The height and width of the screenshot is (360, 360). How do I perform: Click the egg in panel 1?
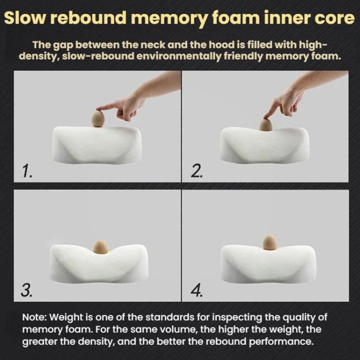(98, 119)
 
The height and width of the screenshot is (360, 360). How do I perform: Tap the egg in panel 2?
(266, 125)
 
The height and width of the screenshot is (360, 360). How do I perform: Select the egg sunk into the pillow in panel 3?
(101, 247)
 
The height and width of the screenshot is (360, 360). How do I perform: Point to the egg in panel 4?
(270, 242)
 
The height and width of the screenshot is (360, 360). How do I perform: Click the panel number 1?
(27, 171)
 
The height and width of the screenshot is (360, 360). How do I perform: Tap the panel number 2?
(197, 171)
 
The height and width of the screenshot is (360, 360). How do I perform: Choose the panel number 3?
(26, 290)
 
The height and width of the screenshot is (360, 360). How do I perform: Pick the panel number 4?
(197, 290)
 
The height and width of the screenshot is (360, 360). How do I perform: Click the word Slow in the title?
(24, 18)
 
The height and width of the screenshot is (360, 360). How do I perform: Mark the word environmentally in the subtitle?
(179, 56)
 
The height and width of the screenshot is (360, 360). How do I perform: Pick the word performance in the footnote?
(281, 342)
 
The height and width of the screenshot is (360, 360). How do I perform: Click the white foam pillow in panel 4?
(268, 264)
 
